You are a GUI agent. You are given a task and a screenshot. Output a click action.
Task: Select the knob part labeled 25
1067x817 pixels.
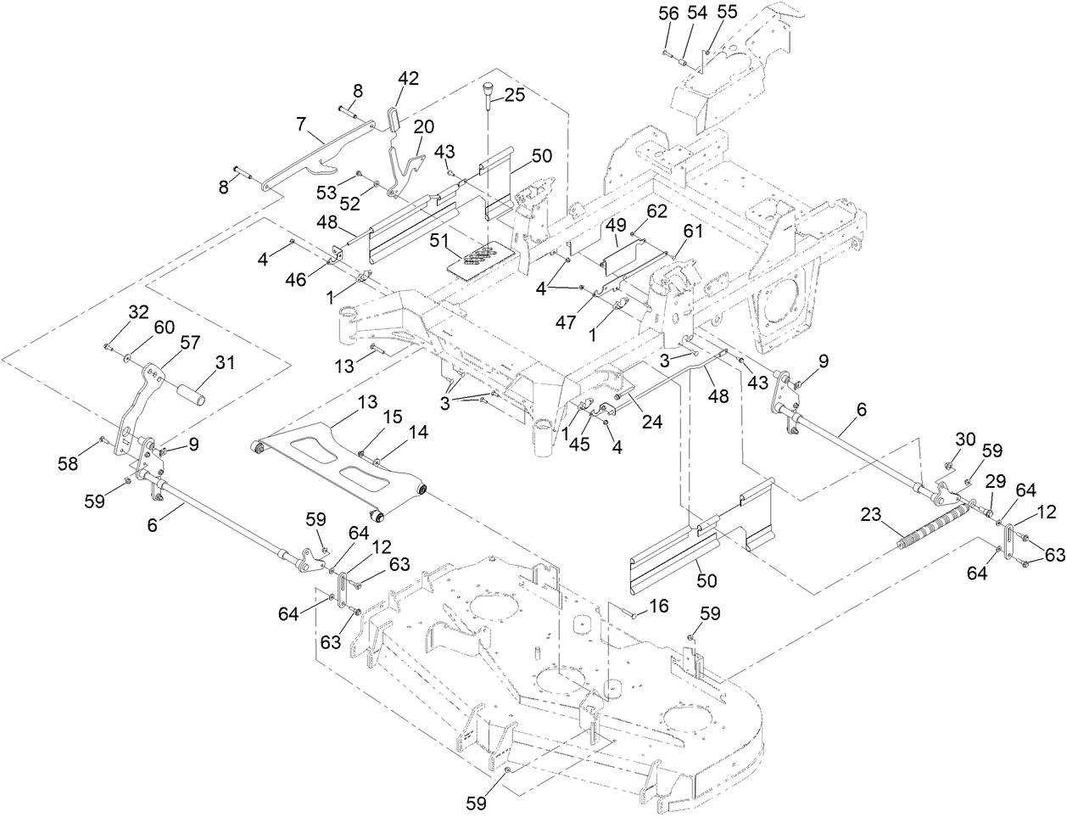pos(490,90)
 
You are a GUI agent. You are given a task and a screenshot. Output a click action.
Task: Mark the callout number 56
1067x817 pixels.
pos(668,13)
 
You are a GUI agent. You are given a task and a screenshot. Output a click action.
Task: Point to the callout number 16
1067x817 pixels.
pos(658,606)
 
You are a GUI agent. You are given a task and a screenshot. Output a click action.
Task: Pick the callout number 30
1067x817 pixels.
pos(965,439)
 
